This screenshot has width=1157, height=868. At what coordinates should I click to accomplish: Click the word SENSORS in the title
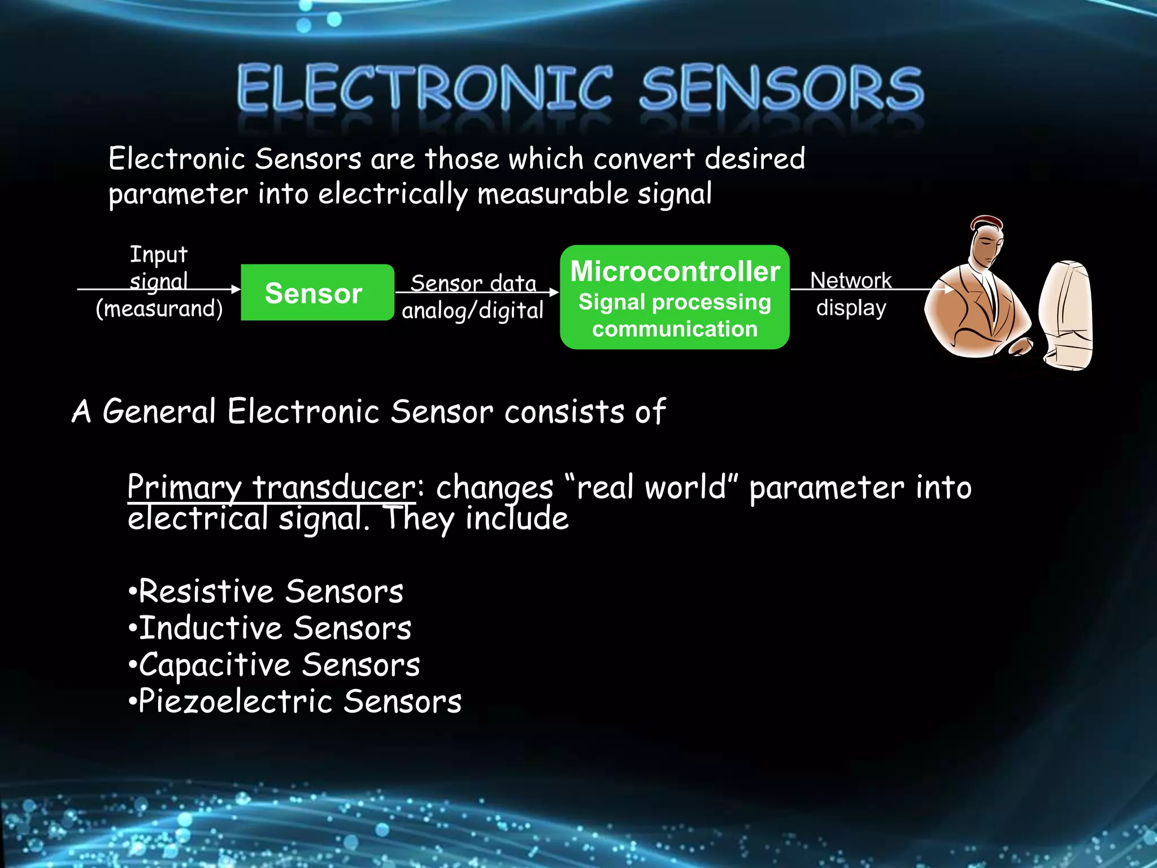pyautogui.click(x=781, y=88)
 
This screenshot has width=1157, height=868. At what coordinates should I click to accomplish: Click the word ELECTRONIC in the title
pyautogui.click(x=425, y=88)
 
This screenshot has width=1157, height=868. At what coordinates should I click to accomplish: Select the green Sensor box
pyautogui.click(x=317, y=292)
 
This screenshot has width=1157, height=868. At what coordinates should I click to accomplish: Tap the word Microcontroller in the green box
pyautogui.click(x=675, y=271)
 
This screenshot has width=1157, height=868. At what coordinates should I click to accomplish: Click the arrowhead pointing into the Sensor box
pyautogui.click(x=236, y=289)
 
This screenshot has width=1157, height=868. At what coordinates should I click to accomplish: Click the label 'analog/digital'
pyautogui.click(x=472, y=311)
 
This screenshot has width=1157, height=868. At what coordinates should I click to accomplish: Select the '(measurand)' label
pyautogui.click(x=159, y=309)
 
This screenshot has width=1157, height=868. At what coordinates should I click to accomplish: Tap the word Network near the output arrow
pyautogui.click(x=851, y=280)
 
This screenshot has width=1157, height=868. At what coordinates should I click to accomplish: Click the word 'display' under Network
pyautogui.click(x=851, y=308)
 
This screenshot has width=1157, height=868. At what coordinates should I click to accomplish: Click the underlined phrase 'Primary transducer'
pyautogui.click(x=271, y=487)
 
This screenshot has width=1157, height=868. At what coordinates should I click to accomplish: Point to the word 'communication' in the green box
pyautogui.click(x=675, y=329)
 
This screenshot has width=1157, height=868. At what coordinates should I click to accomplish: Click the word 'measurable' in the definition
pyautogui.click(x=553, y=194)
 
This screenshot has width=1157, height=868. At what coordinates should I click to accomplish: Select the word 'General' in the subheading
pyautogui.click(x=159, y=411)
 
